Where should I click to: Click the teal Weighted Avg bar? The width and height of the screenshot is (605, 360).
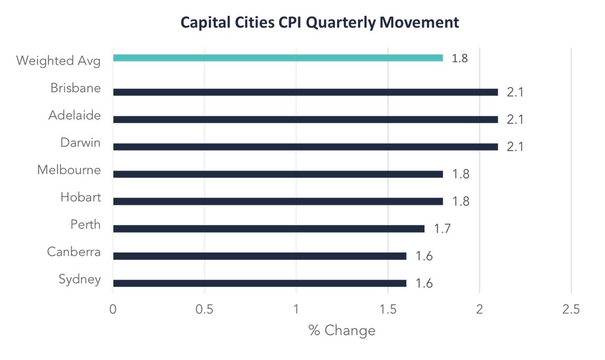[278, 58]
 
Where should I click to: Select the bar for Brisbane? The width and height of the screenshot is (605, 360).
[305, 92]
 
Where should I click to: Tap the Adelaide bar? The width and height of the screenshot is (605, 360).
[305, 119]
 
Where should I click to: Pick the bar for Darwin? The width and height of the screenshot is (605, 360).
[305, 147]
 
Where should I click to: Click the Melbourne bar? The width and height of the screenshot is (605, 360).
[278, 174]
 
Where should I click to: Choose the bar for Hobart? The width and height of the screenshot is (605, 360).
[278, 202]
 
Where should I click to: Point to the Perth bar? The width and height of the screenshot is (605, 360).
[269, 229]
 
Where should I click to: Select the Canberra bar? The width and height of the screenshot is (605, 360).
[260, 256]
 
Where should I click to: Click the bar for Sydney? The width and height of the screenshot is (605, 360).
[260, 283]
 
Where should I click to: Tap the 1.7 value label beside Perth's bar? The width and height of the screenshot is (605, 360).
[442, 228]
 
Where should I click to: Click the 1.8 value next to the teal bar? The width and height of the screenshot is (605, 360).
[460, 58]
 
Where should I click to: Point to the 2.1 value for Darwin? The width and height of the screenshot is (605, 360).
[515, 147]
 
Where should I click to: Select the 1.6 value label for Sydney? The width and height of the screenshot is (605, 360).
[424, 283]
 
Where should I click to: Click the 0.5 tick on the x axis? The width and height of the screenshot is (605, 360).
[204, 309]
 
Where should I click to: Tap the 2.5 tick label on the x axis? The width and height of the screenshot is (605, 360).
[571, 309]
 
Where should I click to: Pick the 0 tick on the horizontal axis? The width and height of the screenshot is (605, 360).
[113, 309]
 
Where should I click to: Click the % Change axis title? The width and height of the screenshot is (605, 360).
[342, 331]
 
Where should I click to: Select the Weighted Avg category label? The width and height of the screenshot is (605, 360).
[58, 61]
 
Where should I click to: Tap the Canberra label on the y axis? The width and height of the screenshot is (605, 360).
[74, 252]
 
